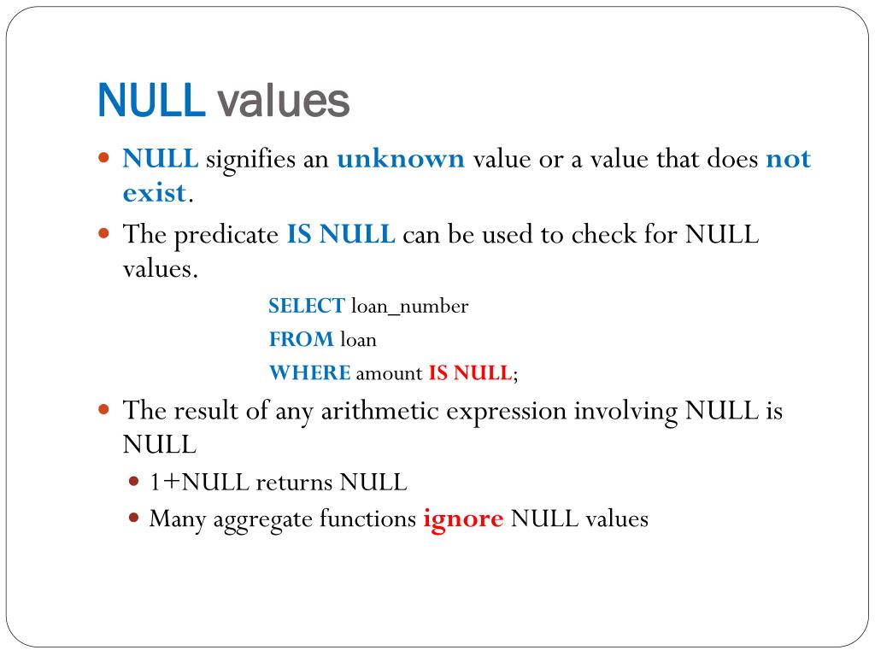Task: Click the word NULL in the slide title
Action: point(152,101)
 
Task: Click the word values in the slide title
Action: point(283,101)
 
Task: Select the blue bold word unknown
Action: point(400,159)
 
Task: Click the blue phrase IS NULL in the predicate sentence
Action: point(341,234)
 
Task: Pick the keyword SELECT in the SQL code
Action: point(306,306)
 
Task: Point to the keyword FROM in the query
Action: point(302,339)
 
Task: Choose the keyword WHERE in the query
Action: point(309,372)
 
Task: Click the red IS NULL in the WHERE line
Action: point(469,372)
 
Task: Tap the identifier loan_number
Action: point(409,307)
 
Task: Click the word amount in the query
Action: point(389,373)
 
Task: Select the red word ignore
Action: point(462,518)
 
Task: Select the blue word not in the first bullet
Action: point(788,159)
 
